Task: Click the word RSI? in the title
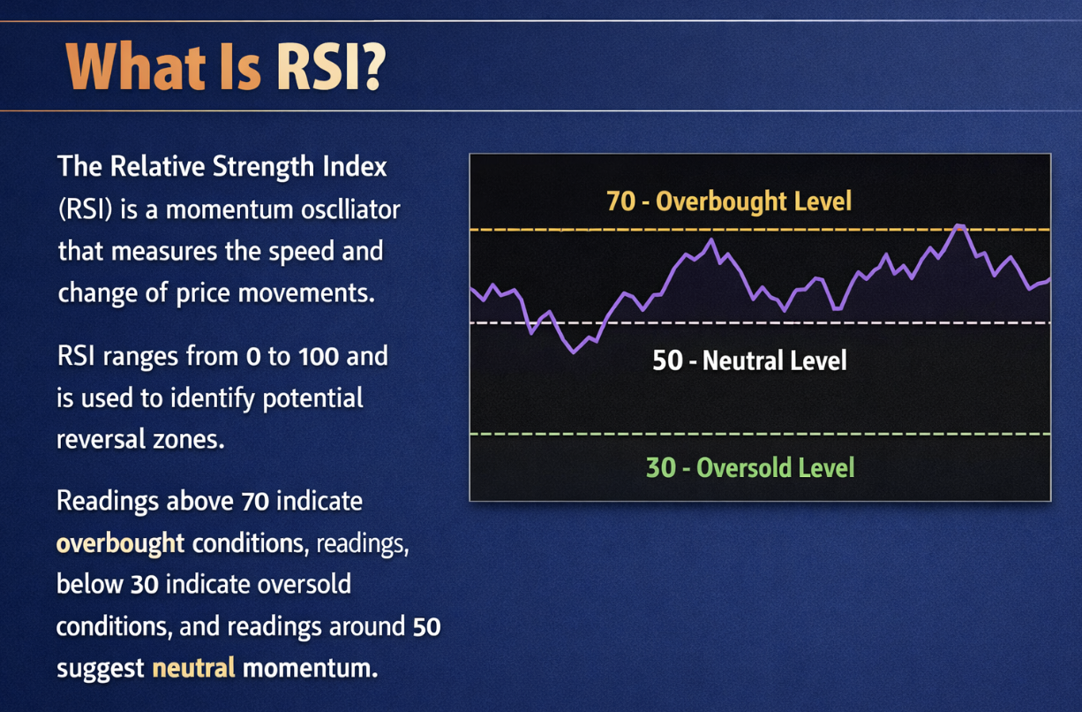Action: coord(331,67)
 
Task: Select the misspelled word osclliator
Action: coord(350,209)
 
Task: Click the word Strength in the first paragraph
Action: coord(263,167)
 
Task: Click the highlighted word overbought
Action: coord(120,543)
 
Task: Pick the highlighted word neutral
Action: coord(193,668)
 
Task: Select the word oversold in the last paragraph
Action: coord(304,584)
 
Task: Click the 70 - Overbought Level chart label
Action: coord(729,201)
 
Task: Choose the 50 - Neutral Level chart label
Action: coord(749,360)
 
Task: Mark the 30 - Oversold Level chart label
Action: coord(750,467)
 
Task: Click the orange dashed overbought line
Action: coord(760,230)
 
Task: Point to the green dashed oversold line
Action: coord(760,434)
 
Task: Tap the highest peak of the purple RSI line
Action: coord(959,226)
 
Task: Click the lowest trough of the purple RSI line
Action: coord(574,352)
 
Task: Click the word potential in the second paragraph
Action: coord(313,398)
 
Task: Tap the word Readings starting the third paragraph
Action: coord(108,501)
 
